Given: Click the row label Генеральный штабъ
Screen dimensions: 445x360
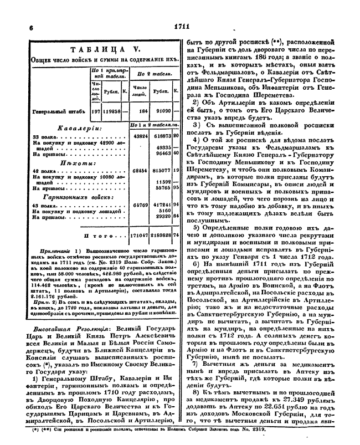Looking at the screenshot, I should (x=57, y=111).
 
